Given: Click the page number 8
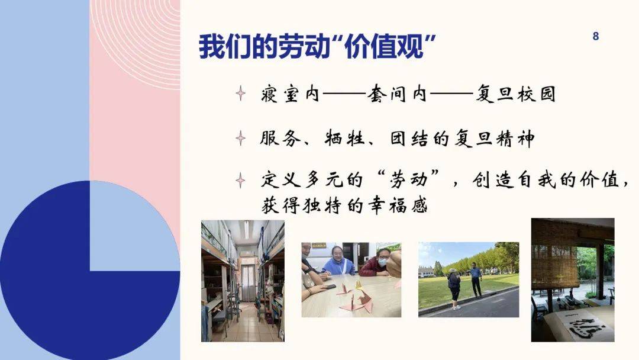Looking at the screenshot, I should (595, 37).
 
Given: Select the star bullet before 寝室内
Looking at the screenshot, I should (240, 94).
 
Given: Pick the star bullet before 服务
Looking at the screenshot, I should (240, 139).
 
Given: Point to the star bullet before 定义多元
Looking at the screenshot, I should (240, 180).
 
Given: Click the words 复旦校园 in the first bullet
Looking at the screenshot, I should (515, 94).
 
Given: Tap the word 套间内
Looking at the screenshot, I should (388, 94).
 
